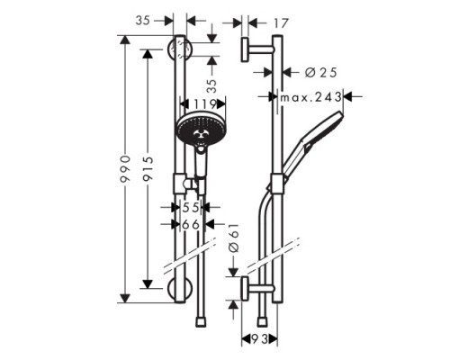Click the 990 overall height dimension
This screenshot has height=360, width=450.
tap(133, 169)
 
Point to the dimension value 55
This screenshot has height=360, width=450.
tap(190, 207)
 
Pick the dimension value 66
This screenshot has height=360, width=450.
tap(190, 224)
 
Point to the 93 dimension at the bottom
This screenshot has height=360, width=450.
tap(257, 339)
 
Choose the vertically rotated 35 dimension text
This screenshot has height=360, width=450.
tap(212, 87)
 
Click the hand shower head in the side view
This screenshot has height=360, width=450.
tap(326, 126)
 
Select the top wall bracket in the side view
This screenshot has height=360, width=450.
tap(256, 49)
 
